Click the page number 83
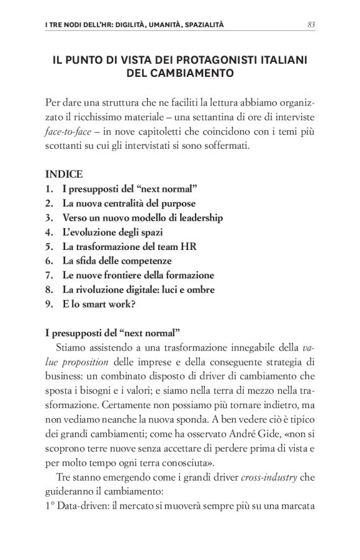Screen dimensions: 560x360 311,25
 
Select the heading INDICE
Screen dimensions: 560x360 64,175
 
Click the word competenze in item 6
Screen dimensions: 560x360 146,260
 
